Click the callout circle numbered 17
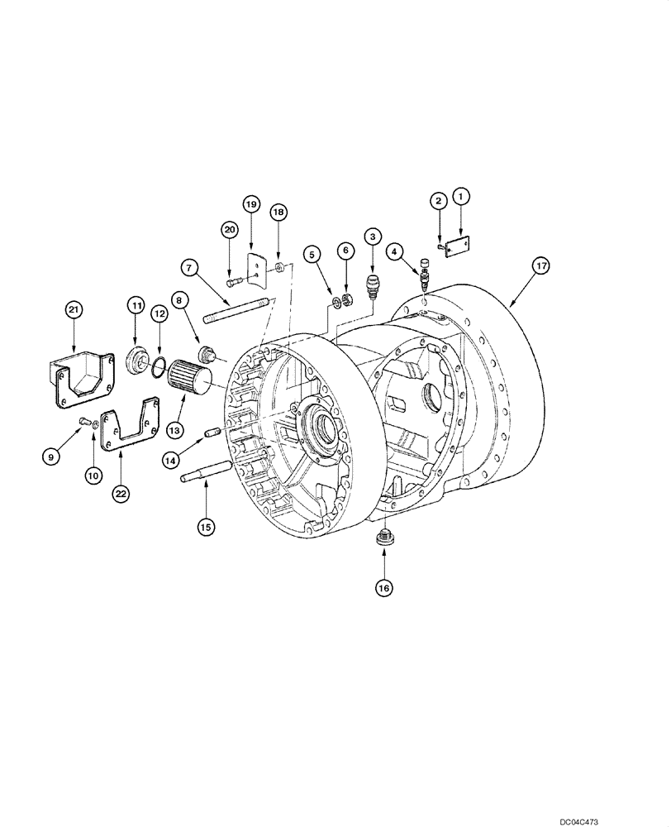point(541,266)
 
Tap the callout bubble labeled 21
point(74,310)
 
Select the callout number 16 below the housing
point(384,587)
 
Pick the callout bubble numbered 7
point(189,268)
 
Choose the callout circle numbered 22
point(121,493)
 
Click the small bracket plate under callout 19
point(259,265)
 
